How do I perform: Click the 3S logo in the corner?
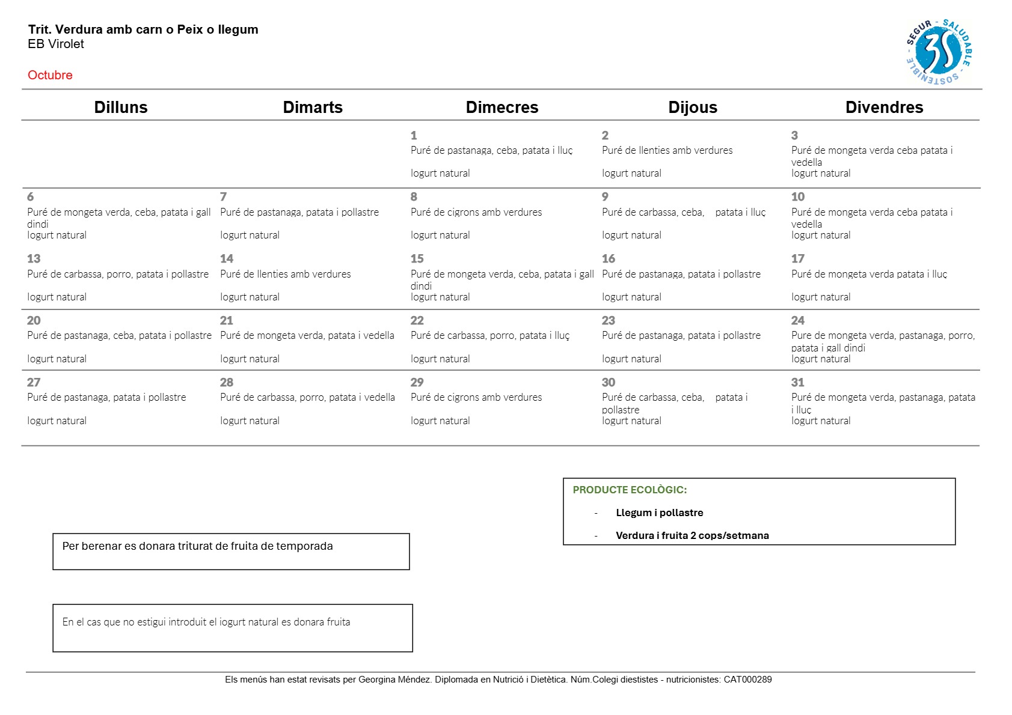tap(939, 52)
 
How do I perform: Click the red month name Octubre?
tap(50, 75)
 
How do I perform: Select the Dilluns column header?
tap(120, 107)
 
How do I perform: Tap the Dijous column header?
tap(693, 107)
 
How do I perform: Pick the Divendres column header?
tap(884, 107)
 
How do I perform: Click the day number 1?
tap(414, 135)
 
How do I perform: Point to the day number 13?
tap(34, 258)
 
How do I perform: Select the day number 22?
tap(417, 320)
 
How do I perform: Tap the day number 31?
tap(798, 382)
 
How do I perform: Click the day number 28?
tap(227, 382)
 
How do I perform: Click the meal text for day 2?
tap(667, 150)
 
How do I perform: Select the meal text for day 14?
tap(285, 274)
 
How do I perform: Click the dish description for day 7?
tap(299, 212)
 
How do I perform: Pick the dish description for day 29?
tap(476, 397)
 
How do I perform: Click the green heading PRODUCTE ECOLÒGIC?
tap(630, 490)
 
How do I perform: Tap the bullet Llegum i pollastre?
tap(659, 513)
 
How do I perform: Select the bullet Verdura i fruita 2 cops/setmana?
tap(692, 535)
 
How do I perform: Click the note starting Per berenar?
tap(197, 546)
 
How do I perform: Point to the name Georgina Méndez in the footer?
tap(394, 680)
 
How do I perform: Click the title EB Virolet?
tap(56, 44)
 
